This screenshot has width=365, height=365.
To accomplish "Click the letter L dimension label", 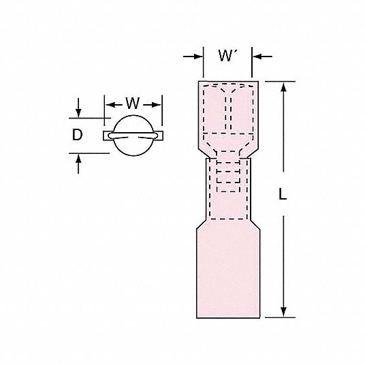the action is click(x=283, y=194).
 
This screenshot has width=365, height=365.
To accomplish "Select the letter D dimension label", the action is click(x=77, y=135).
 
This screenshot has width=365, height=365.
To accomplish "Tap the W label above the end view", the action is click(x=133, y=103).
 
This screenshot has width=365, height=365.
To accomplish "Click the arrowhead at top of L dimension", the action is click(x=283, y=87).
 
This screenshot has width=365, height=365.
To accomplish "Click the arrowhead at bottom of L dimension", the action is click(x=283, y=312).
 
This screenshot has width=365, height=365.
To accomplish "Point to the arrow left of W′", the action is click(x=193, y=57).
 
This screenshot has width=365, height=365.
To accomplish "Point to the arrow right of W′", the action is click(x=262, y=57).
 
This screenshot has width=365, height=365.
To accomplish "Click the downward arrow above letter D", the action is click(x=78, y=108).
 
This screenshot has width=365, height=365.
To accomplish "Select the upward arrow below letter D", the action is click(x=78, y=163).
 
